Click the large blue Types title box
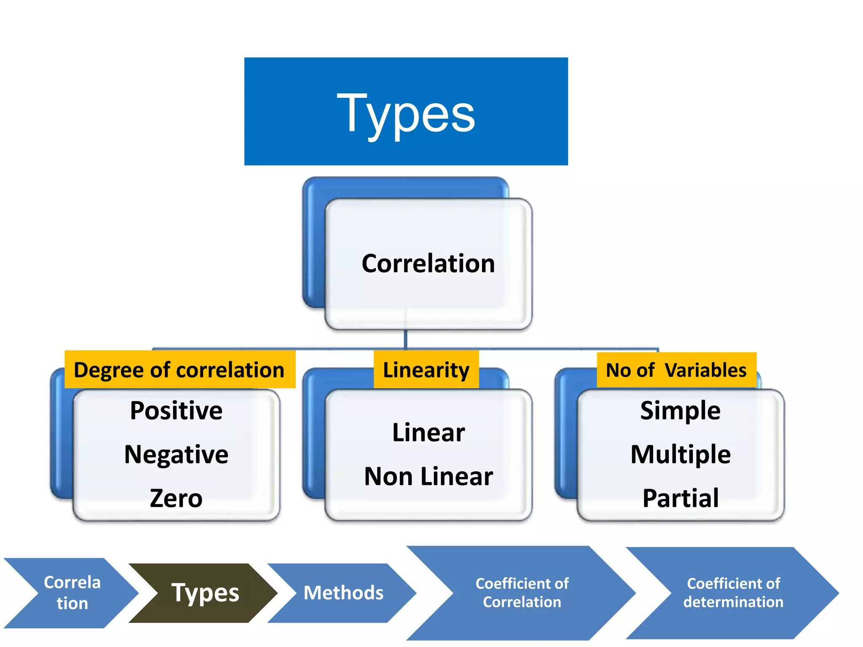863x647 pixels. click(406, 111)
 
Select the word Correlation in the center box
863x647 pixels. click(428, 264)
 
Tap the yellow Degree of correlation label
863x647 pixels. click(180, 370)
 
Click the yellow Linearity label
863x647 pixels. click(426, 370)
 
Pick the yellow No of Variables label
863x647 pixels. click(676, 370)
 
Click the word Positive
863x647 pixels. click(176, 411)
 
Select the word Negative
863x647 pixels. click(176, 455)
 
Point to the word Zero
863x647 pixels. click(176, 498)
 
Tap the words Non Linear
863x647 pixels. click(428, 476)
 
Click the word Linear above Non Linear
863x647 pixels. click(428, 433)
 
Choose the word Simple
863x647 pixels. click(680, 411)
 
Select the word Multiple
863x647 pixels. click(680, 455)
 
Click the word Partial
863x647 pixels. click(680, 498)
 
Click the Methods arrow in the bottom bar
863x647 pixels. click(343, 593)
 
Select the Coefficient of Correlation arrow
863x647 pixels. click(522, 593)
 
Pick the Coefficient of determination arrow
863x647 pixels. click(733, 593)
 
